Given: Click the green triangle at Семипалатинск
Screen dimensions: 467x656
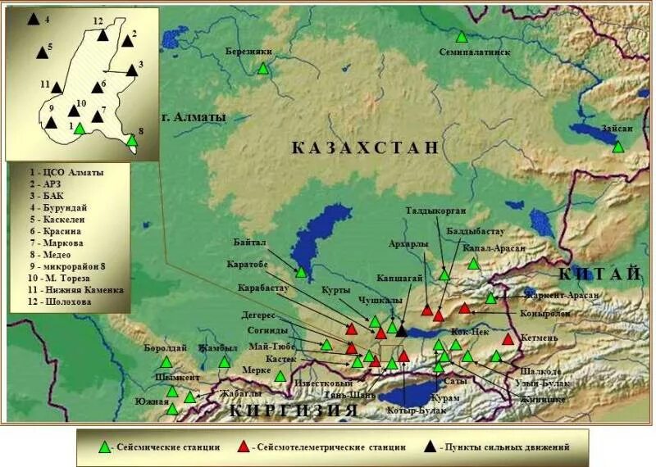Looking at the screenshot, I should point(462,37).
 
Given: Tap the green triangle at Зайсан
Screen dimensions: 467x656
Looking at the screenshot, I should point(618,147).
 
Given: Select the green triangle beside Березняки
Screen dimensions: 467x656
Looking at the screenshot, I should point(263,69).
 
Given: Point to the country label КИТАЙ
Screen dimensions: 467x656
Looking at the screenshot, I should point(599,274).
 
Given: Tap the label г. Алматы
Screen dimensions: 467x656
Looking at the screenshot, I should point(193,116).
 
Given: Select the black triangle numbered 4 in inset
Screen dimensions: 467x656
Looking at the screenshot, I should point(32,17).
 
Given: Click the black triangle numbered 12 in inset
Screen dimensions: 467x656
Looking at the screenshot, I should point(103,34).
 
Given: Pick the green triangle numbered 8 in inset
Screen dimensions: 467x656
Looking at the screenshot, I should point(131,140).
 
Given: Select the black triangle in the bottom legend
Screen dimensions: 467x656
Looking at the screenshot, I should point(431,447).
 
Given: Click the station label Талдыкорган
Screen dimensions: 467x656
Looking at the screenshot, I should point(435,211).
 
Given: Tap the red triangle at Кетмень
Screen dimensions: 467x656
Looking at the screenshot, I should point(508,339).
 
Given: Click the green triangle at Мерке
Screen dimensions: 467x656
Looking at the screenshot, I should point(280,376).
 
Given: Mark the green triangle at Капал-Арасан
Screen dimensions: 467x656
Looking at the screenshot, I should point(473,263).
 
